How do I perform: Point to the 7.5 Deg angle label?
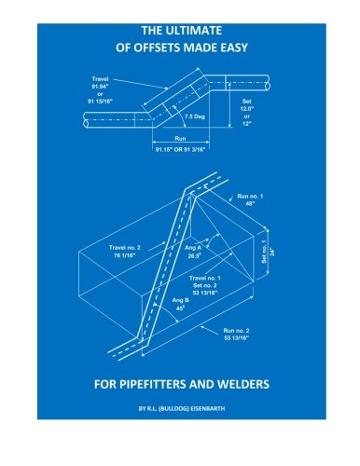pos(195,116)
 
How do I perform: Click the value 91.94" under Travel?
pos(100,87)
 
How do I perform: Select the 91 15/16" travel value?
pos(100,102)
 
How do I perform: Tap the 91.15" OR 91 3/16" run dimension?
pos(181,149)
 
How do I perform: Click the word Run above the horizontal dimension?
pos(180,139)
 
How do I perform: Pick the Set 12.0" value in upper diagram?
pos(247,109)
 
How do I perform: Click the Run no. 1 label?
pos(250,197)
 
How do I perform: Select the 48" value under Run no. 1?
pos(250,204)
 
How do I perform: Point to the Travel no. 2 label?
pos(124,248)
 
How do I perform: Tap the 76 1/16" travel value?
pos(124,255)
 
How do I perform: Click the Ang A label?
pos(193,248)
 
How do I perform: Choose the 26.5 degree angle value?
pos(193,256)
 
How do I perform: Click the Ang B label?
pos(180,300)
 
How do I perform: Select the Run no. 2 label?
pos(236,331)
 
